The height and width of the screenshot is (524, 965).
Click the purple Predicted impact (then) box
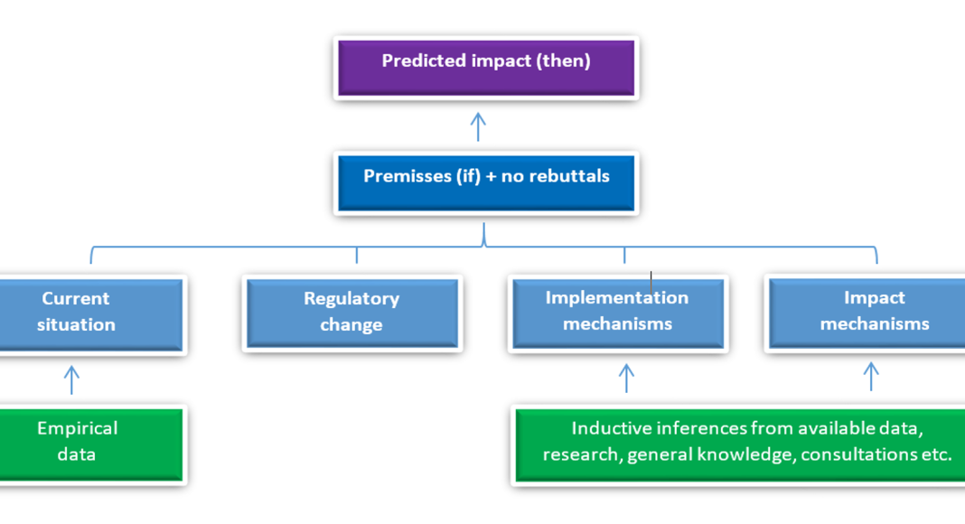pos(486,68)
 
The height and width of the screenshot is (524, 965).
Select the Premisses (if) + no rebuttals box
pos(486,182)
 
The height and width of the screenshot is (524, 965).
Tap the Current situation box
pos(91,314)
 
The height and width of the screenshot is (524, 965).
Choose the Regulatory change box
pos(352,313)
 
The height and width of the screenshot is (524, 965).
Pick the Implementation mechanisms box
pos(618,313)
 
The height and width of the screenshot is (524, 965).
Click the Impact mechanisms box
pos(867,313)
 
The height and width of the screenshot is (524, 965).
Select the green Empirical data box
pos(91,444)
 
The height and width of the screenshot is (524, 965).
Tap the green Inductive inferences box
pos(740,444)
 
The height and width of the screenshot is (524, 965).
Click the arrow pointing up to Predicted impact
pos(478,126)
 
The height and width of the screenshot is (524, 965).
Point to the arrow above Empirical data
pos(71,380)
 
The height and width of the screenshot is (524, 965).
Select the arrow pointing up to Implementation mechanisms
pos(626,379)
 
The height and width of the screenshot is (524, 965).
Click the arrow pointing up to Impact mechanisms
pos(871,377)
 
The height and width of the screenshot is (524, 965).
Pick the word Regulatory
pos(351,299)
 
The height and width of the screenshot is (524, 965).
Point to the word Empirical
pos(78,428)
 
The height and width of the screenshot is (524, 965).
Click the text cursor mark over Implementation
pos(651,282)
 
